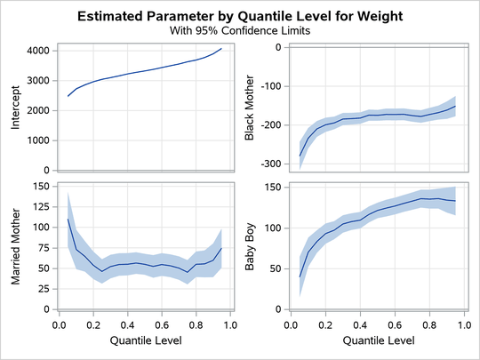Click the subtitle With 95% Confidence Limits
click(239, 30)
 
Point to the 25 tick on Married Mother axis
click(40, 289)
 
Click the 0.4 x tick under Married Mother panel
click(127, 325)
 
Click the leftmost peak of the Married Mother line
click(68, 219)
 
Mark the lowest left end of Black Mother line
click(300, 156)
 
